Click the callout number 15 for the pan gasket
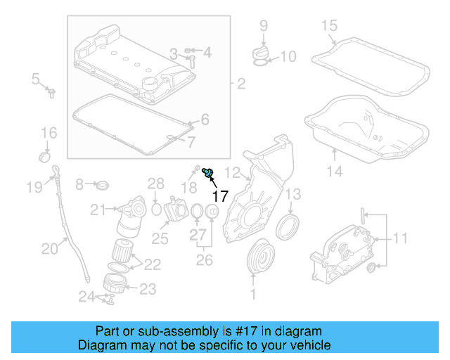[330, 27]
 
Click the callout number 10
[288, 56]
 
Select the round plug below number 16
[45, 155]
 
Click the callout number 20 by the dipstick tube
[50, 247]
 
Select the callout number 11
[399, 238]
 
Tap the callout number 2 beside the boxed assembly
[240, 84]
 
